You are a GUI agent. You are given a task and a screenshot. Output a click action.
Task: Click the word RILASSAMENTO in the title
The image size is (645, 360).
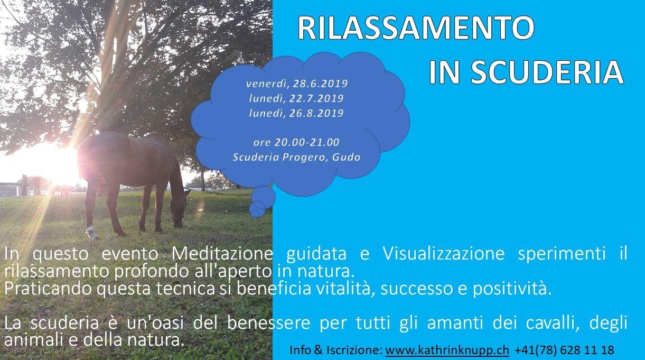coord(416,27)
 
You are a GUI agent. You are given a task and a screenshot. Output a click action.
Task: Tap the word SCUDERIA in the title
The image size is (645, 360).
coord(547,72)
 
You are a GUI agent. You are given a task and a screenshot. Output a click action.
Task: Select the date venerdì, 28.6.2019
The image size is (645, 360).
coord(297,84)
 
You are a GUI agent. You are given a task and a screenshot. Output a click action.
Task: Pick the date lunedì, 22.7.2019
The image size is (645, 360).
coord(296,98)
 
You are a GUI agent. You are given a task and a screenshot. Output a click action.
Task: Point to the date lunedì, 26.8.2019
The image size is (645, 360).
coord(296,113)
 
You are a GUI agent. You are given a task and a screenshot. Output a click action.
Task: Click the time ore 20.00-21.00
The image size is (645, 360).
coord(296,142)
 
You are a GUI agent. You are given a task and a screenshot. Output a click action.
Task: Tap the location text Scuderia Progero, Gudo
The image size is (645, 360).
coord(296,158)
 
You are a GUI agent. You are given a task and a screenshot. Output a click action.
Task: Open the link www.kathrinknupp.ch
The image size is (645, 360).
coord(447,350)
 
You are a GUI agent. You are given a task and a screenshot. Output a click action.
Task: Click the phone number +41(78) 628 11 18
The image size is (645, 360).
coord(564,350)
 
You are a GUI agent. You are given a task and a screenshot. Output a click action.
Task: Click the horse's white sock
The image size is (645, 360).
coord(91,232)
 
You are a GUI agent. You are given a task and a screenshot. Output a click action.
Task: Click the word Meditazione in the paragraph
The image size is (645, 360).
coord(222,254)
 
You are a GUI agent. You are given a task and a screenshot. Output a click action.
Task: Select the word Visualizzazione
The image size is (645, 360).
coord(444,254)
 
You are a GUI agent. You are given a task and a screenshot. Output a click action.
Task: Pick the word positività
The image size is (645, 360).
coord(512,289)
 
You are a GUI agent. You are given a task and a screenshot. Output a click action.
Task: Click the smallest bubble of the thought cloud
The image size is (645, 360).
coord(255,213)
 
